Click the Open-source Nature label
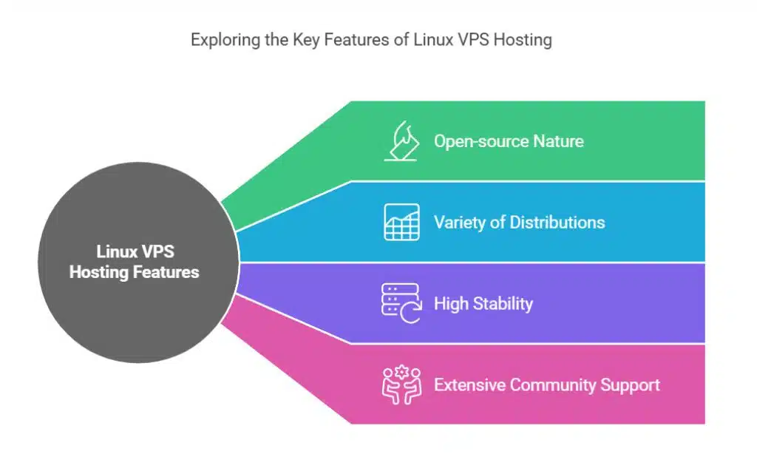509,140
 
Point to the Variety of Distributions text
519,222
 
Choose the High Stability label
483,303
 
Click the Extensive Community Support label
546,384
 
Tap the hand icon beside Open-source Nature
401,140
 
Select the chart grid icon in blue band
401,222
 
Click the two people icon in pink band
401,384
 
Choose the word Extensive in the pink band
469,384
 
